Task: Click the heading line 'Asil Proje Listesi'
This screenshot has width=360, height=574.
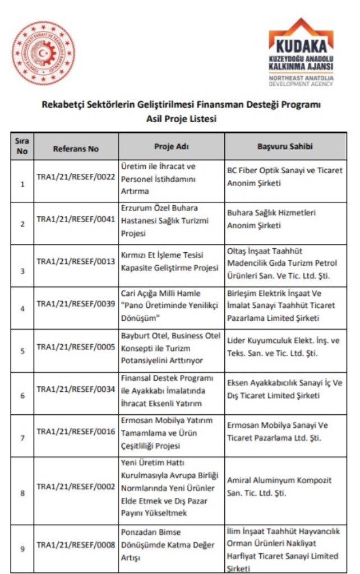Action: click(x=181, y=118)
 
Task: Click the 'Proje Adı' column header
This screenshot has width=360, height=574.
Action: click(x=171, y=146)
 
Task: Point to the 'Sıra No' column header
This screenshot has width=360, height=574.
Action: click(x=22, y=146)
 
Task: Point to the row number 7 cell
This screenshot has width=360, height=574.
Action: click(x=22, y=438)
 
